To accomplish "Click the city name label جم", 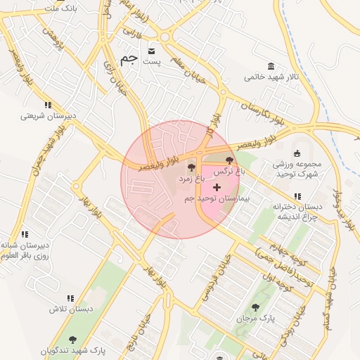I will coord(128,60).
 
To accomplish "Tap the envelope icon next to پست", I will coord(153,51).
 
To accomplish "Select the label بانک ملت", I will coord(60,8).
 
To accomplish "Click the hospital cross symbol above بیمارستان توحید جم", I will coord(217,187).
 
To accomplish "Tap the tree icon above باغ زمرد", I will coord(192,167).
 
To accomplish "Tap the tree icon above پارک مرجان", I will coord(255,307).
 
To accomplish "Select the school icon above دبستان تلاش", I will coord(70,298).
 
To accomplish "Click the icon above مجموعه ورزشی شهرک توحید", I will coord(297,153).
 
